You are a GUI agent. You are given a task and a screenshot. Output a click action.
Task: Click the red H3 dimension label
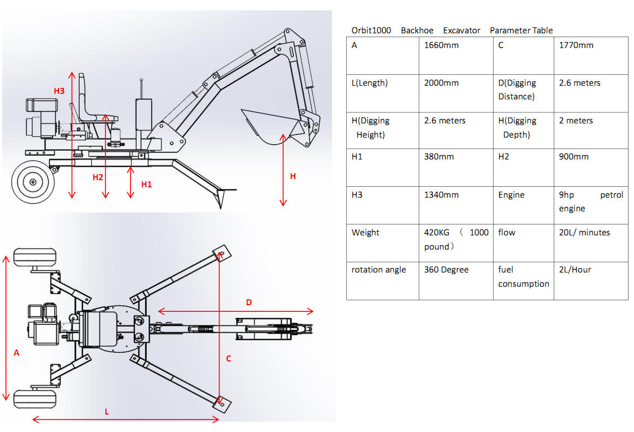pyautogui.click(x=59, y=91)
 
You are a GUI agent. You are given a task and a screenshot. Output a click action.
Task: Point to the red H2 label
pyautogui.click(x=98, y=177)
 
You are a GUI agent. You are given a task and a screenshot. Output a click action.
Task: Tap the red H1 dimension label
pyautogui.click(x=146, y=185)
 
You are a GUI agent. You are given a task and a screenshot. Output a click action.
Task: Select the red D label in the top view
pyautogui.click(x=249, y=302)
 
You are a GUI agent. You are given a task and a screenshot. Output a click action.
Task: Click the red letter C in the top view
pyautogui.click(x=229, y=358)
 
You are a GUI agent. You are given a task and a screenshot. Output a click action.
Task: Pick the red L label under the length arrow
pyautogui.click(x=106, y=412)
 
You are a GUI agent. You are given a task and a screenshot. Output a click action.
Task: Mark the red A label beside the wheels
pyautogui.click(x=16, y=353)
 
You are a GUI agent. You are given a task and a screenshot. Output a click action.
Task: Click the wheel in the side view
pyautogui.click(x=32, y=181)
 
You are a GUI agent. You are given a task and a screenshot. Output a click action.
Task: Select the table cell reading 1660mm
pyautogui.click(x=441, y=45)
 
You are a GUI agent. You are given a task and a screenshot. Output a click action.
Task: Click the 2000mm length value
pyautogui.click(x=441, y=83)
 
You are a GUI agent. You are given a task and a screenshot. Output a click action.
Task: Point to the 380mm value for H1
pyautogui.click(x=439, y=157)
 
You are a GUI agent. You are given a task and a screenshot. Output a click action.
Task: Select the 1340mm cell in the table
pyautogui.click(x=441, y=195)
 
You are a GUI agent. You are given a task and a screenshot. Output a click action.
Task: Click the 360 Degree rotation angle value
pyautogui.click(x=446, y=270)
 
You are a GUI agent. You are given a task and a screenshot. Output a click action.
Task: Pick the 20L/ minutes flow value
pyautogui.click(x=584, y=233)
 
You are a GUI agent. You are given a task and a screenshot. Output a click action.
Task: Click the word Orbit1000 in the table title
pyautogui.click(x=371, y=31)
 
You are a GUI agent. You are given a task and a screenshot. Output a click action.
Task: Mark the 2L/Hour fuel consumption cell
pyautogui.click(x=575, y=270)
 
